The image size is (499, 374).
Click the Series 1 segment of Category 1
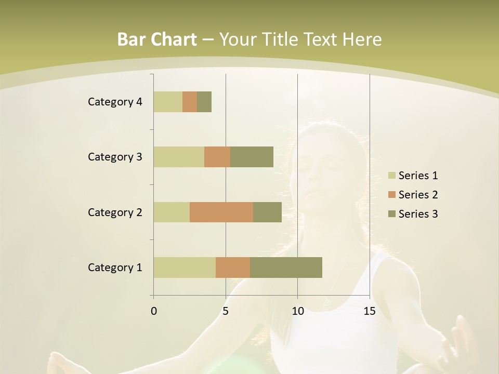point(185,268)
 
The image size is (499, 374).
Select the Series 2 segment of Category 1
point(233,268)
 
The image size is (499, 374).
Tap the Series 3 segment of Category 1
point(286,268)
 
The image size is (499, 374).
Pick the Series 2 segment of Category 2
point(221,212)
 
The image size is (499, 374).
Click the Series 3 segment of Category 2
point(267,212)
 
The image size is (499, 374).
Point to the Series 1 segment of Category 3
point(179,157)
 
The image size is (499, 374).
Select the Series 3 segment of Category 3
point(252,157)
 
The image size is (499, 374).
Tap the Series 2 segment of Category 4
point(190,102)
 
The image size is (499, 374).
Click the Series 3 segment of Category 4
point(204,102)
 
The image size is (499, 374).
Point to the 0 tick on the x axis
point(154,311)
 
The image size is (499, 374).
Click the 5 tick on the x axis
point(226,311)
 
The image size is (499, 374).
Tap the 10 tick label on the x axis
point(297,311)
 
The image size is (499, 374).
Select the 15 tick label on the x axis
point(369,311)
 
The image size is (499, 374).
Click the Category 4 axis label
point(115,102)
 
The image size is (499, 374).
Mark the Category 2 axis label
point(115,212)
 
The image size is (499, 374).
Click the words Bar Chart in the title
point(157,39)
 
